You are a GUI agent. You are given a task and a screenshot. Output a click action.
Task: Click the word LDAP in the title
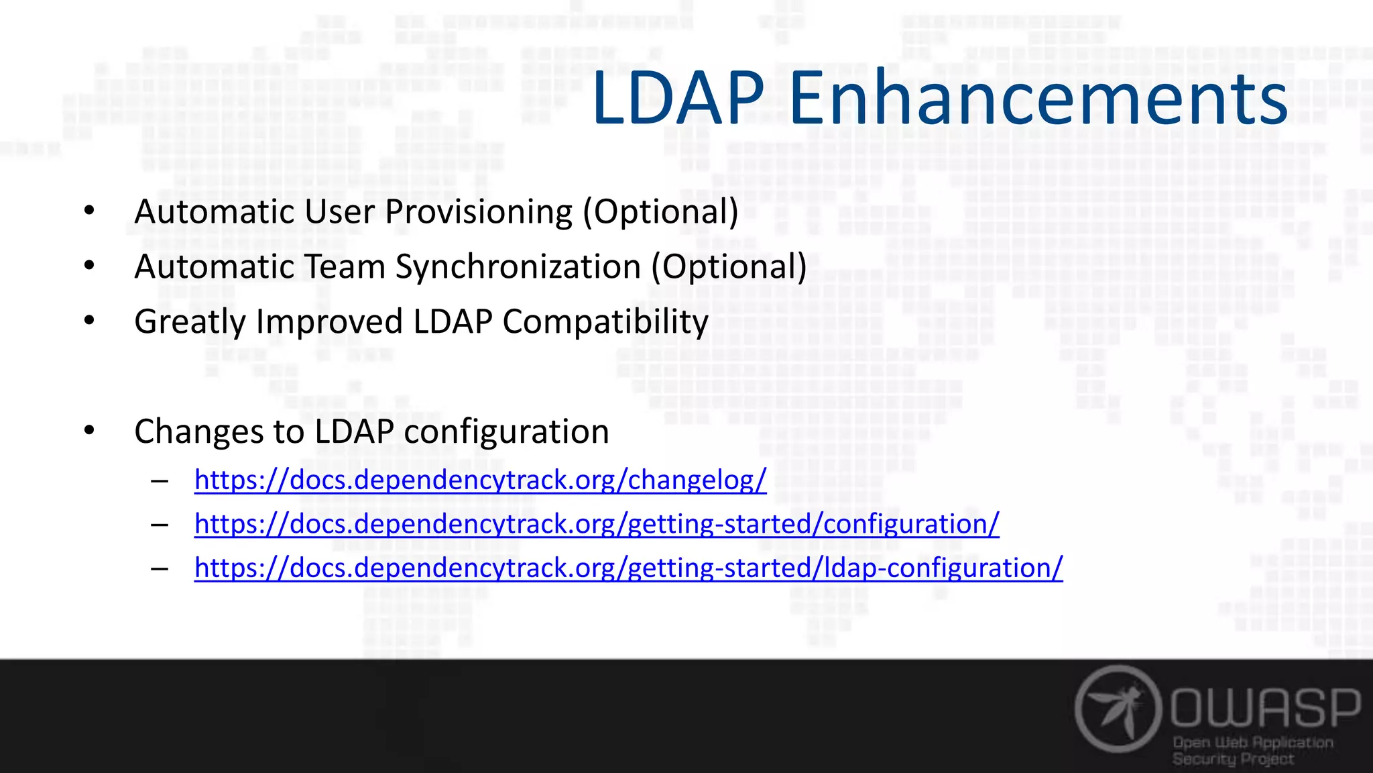677,99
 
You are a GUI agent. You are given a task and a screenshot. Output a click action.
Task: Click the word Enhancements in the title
1038,99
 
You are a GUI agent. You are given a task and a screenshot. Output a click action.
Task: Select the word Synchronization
518,267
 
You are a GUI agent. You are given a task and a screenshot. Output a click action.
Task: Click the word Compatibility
605,322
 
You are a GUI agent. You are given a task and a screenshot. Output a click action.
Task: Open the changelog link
480,480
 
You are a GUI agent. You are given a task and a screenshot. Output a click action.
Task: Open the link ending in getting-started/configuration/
597,524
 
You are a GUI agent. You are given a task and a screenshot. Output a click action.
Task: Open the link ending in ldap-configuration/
628,568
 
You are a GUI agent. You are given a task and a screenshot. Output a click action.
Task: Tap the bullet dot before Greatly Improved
89,321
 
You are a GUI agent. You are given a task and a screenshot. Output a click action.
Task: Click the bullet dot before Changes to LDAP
89,431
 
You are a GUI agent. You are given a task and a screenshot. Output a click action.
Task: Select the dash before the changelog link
160,481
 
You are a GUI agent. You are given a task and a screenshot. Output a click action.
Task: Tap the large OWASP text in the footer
1266,707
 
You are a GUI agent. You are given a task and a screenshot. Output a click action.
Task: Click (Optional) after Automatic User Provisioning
660,212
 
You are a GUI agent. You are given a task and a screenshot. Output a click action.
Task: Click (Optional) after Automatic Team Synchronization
729,267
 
